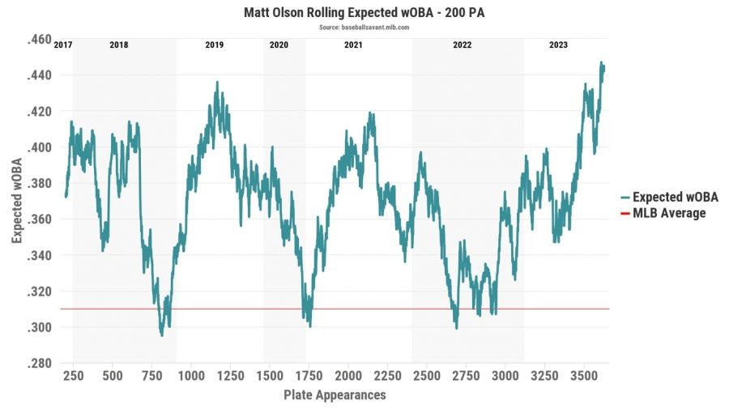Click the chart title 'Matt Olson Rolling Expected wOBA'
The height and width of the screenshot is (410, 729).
(364, 14)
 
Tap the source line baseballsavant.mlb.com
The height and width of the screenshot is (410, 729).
(364, 27)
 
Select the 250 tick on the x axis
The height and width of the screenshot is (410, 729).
(73, 377)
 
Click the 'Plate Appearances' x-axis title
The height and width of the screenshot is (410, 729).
(335, 395)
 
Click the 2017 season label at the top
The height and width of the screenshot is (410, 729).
(62, 45)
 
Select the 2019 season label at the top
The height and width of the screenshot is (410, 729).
(215, 45)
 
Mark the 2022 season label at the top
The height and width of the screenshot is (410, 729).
(463, 45)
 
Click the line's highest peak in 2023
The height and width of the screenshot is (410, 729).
(601, 62)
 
